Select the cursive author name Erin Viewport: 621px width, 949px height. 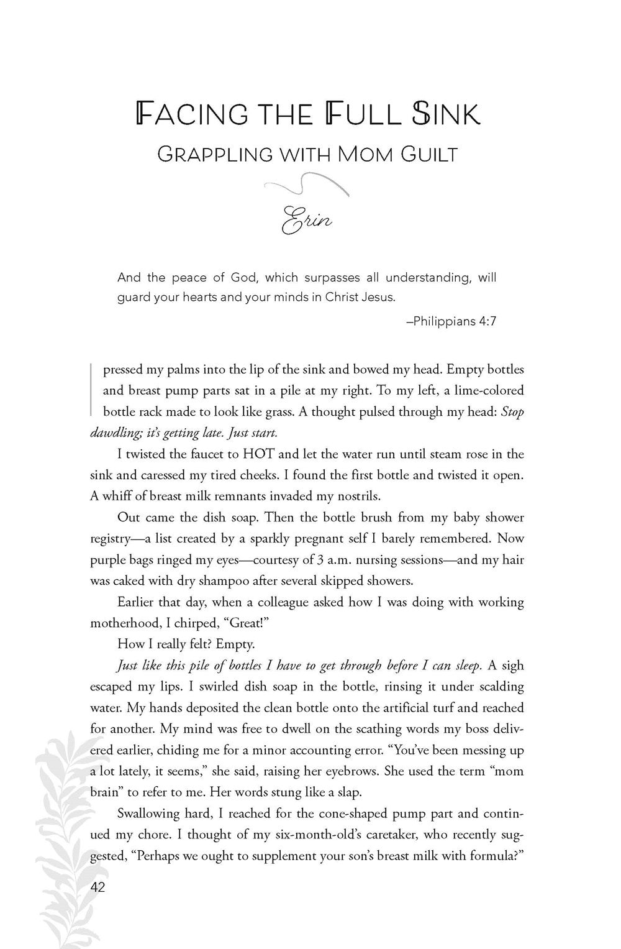(307, 218)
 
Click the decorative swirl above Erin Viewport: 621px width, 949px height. (306, 184)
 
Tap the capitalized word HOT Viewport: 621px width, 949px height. (250, 454)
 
